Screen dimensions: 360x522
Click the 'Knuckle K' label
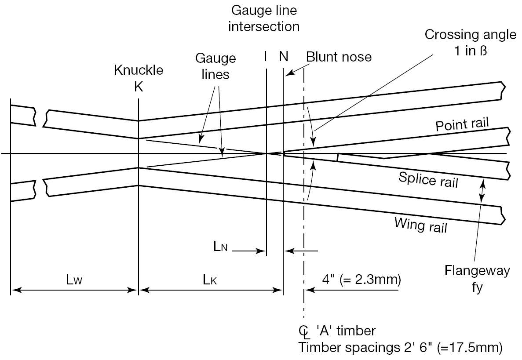tap(139, 78)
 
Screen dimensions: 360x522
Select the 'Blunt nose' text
tap(339, 57)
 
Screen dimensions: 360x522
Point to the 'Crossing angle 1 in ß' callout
tap(470, 42)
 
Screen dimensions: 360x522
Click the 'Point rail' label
tap(462, 124)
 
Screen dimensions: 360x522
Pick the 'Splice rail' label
tap(428, 179)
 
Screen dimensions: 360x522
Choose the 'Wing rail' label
tap(421, 225)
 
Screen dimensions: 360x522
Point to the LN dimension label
tap(220, 247)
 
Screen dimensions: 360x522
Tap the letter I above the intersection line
tap(266, 57)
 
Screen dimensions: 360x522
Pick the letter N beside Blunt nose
tap(283, 57)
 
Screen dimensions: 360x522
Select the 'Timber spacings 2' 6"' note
tap(400, 348)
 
